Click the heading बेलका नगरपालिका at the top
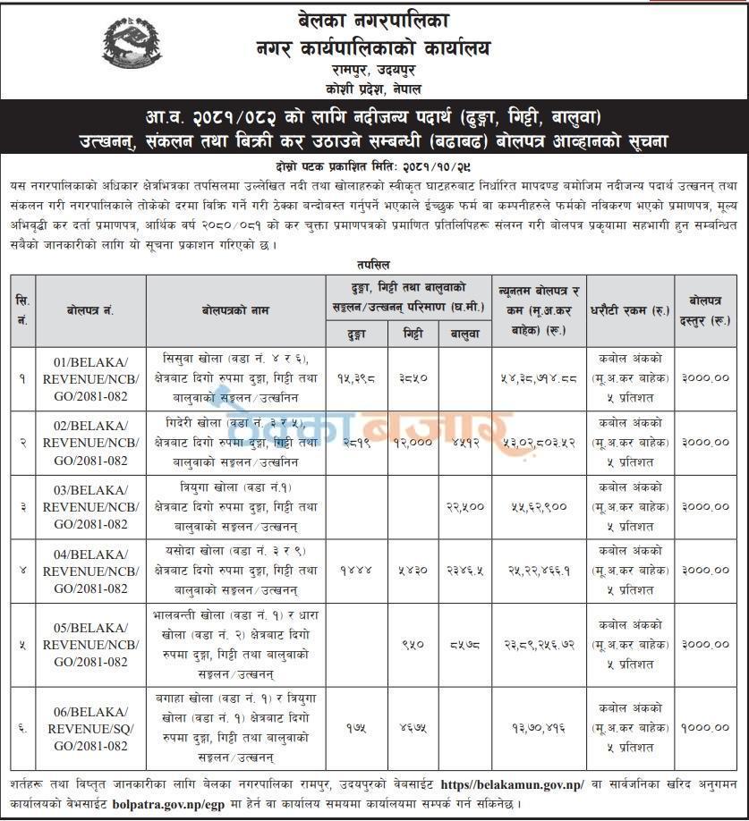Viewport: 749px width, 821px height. click(375, 19)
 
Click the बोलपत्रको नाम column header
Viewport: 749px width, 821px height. click(234, 309)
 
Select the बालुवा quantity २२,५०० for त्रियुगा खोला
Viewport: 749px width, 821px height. click(464, 506)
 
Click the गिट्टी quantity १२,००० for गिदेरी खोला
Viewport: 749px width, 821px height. click(412, 442)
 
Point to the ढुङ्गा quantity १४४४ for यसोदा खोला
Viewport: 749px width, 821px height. click(355, 570)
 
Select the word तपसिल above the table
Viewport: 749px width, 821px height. click(375, 265)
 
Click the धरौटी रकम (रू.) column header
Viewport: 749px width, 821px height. click(630, 309)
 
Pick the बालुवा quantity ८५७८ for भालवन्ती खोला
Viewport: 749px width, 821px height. click(464, 644)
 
